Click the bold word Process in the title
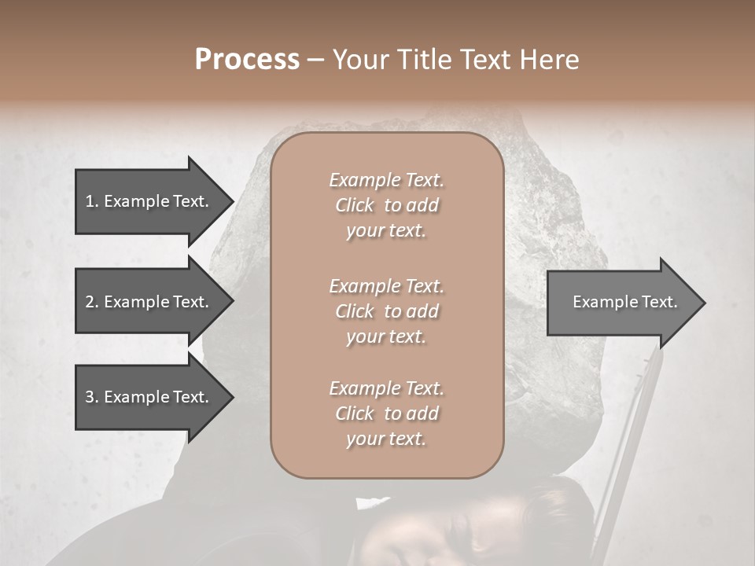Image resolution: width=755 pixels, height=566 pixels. [247, 60]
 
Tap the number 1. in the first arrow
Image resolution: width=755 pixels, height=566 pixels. [92, 201]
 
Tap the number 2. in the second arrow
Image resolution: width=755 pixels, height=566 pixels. [92, 302]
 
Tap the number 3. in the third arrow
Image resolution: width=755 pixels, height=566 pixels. [92, 398]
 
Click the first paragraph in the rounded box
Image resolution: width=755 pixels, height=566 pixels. [386, 205]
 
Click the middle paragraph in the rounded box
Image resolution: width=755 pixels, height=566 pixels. [386, 311]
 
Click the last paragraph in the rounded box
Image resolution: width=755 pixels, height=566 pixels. [386, 413]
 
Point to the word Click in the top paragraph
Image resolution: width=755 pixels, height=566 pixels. [355, 205]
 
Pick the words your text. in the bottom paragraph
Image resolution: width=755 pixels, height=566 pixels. [386, 439]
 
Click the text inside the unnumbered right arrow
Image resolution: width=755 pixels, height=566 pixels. [624, 302]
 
